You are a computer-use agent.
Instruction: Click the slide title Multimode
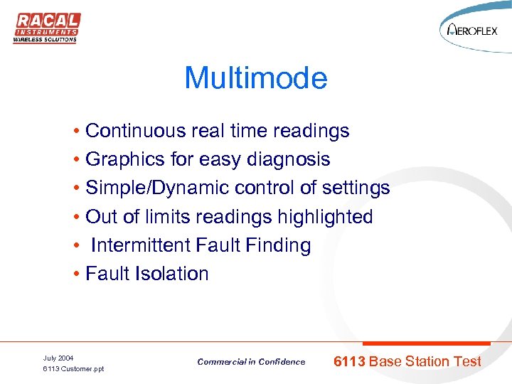(x=256, y=78)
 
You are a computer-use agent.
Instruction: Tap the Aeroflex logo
(x=472, y=31)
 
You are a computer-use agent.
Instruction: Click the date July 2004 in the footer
(x=58, y=358)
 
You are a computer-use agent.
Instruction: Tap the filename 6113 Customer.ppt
(x=73, y=369)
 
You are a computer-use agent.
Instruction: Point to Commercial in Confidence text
(x=251, y=362)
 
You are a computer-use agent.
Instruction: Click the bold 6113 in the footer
(x=349, y=361)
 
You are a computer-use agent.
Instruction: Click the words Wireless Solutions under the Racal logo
(x=45, y=40)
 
